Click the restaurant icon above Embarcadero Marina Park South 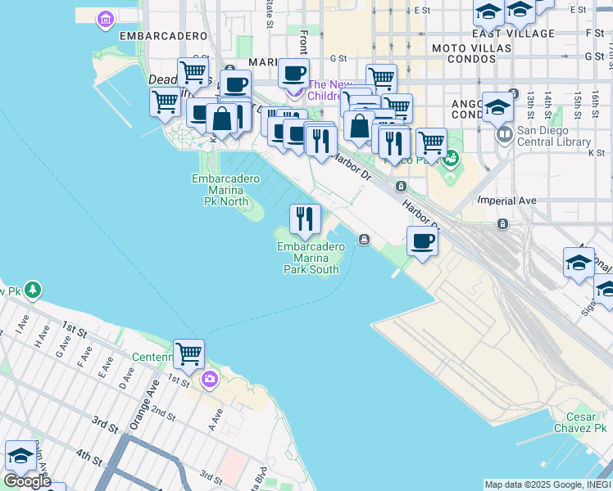pyautogui.click(x=305, y=218)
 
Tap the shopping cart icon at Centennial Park pyautogui.click(x=188, y=354)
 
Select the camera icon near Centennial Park pyautogui.click(x=210, y=378)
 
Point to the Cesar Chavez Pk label pyautogui.click(x=579, y=421)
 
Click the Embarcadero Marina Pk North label pyautogui.click(x=220, y=190)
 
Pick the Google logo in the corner pyautogui.click(x=27, y=481)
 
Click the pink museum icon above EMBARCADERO pyautogui.click(x=106, y=18)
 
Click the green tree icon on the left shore pyautogui.click(x=32, y=289)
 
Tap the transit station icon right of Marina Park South pyautogui.click(x=363, y=240)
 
